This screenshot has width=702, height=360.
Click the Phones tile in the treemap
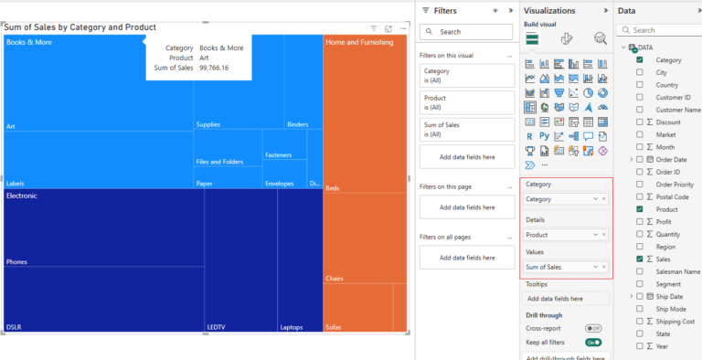coord(16,262)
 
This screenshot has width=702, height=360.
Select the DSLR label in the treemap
coord(14,326)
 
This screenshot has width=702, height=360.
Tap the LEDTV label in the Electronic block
coord(216,326)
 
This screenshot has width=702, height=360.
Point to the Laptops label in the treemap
coord(292,326)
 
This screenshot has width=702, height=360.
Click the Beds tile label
coord(333,187)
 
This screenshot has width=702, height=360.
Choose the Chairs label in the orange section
coord(335,279)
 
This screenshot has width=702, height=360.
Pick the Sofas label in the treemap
coord(335,326)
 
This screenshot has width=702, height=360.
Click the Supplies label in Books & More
coord(208,124)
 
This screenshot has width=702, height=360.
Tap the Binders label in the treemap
coord(297,124)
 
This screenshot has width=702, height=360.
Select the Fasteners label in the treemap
coord(278,155)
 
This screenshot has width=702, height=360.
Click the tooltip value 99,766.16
coord(214,68)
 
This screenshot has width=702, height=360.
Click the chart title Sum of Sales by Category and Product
coord(80,27)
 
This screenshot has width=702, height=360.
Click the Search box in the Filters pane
coord(466,31)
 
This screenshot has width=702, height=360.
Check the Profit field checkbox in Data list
coord(640,221)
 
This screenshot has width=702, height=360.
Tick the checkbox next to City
coord(640,72)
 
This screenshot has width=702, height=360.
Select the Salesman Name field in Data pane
coord(678,272)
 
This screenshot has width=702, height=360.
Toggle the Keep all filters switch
coord(593,342)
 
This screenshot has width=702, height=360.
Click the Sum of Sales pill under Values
coord(558,267)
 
